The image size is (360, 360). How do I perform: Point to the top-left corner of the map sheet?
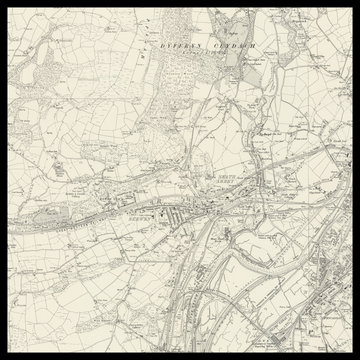coord(9,9)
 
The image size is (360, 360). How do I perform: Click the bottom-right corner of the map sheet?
coord(351,351)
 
